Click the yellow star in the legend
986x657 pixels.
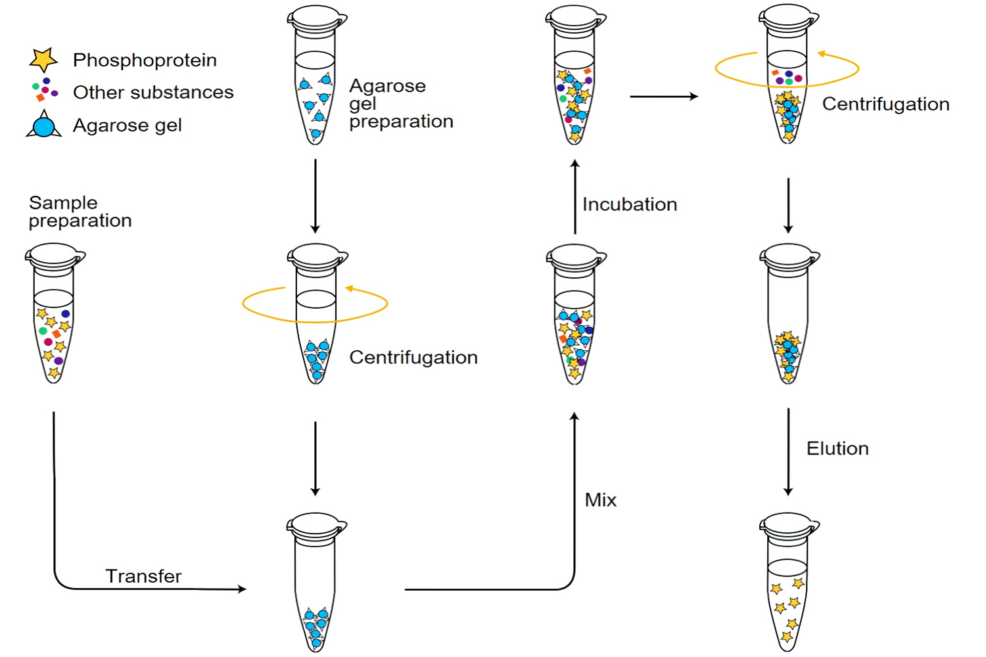[43, 59]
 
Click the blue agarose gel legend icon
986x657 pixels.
[44, 125]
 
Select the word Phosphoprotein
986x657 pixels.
[145, 60]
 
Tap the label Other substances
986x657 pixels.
[153, 93]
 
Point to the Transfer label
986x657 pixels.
[143, 576]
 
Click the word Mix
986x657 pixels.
[601, 500]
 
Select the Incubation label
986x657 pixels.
[630, 204]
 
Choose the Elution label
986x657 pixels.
[837, 449]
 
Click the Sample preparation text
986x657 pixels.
[80, 212]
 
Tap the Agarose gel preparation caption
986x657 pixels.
[400, 104]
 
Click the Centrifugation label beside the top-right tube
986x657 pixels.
[885, 104]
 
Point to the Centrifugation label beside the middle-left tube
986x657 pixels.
[413, 357]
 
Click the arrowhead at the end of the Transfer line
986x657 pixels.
[241, 589]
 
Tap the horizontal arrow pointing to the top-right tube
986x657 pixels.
[663, 97]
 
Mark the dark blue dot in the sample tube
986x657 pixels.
[66, 314]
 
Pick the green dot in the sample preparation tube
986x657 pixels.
[43, 330]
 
